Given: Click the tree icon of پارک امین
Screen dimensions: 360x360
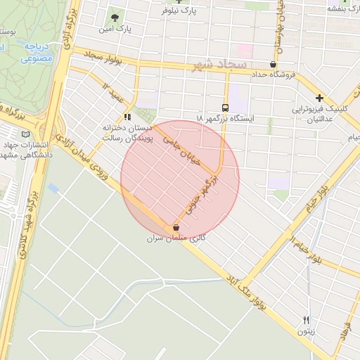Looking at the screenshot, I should click(x=114, y=16).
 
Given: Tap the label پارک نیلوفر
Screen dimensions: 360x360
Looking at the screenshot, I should click(x=177, y=11).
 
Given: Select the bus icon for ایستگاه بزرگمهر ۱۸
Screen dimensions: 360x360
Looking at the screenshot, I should click(x=225, y=108).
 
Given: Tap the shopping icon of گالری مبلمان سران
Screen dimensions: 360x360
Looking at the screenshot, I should click(x=176, y=228).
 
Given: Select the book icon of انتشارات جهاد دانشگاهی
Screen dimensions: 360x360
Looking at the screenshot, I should click(x=26, y=134).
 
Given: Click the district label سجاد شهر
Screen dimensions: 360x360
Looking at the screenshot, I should click(x=219, y=65).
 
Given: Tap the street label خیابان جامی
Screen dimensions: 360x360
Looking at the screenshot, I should click(x=182, y=150).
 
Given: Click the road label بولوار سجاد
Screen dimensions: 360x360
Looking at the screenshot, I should click(x=104, y=54).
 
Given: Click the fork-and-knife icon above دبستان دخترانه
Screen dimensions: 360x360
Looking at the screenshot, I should click(x=127, y=117).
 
